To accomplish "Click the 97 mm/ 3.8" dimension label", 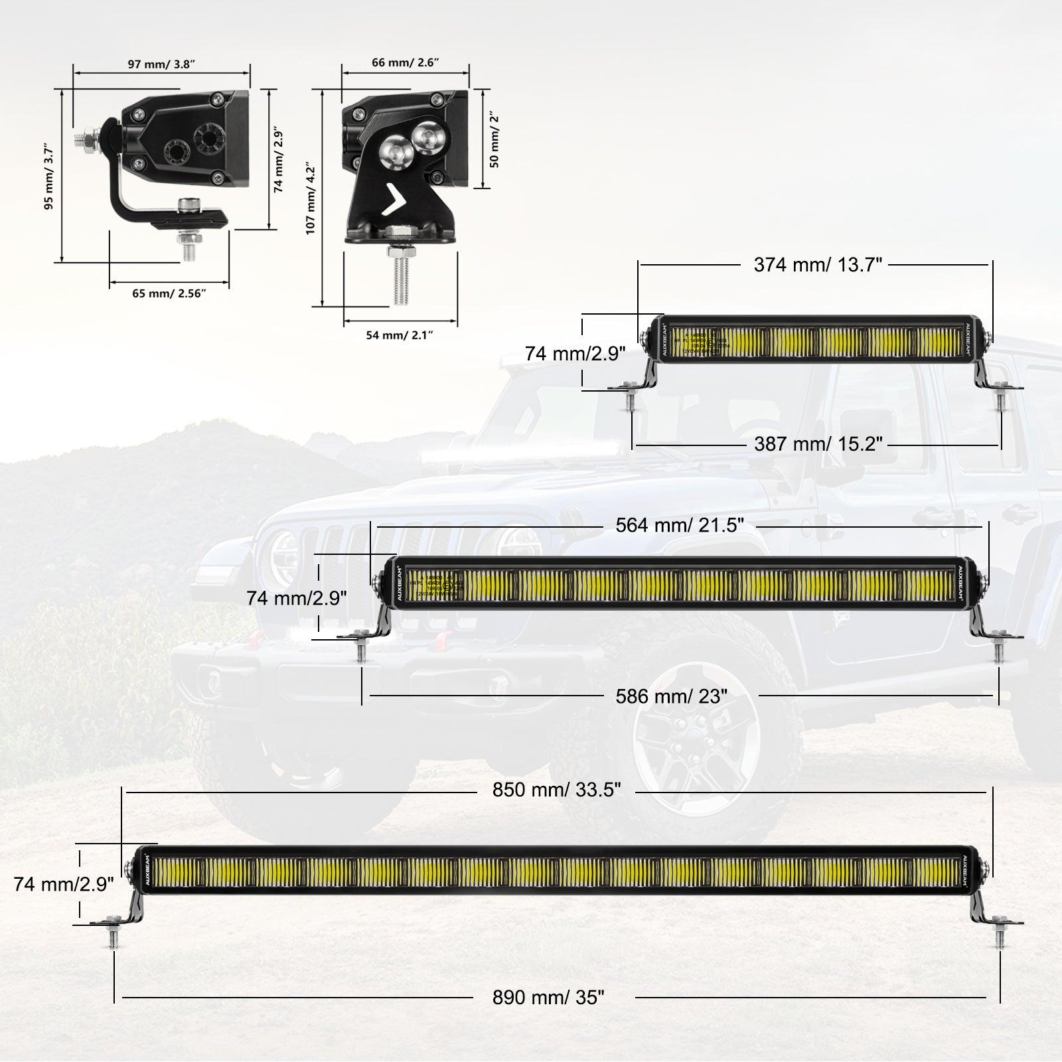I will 161,64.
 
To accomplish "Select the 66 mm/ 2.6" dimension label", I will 406,62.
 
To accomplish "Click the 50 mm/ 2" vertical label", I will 495,139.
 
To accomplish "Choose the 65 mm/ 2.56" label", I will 169,293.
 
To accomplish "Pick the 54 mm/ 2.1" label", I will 400,335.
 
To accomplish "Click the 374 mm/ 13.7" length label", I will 817,265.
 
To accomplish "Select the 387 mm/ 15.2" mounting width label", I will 818,443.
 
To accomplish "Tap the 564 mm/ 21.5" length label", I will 680,525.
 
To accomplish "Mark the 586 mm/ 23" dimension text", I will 672,696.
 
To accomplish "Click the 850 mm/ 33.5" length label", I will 556,790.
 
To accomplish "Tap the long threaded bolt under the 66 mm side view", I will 401,279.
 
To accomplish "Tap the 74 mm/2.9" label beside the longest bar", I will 64,884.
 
